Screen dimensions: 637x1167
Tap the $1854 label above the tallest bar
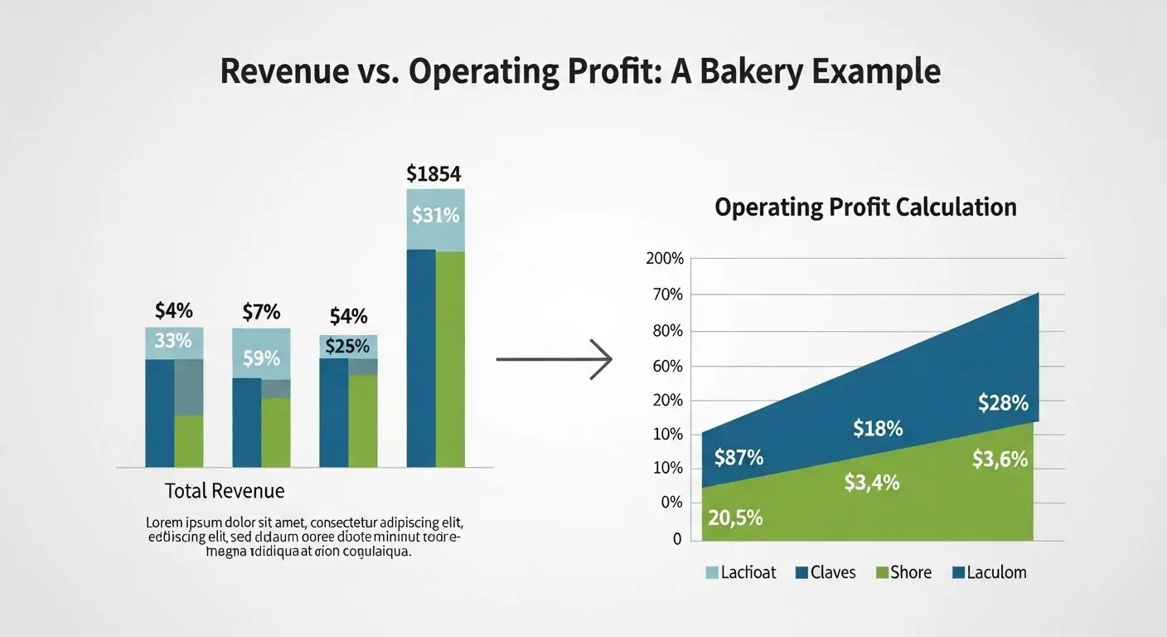pyautogui.click(x=434, y=174)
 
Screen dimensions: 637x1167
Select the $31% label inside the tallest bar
pyautogui.click(x=435, y=216)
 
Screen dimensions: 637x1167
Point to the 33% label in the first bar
pyautogui.click(x=173, y=340)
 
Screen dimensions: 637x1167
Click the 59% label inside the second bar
pyautogui.click(x=261, y=359)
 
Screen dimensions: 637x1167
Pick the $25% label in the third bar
pyautogui.click(x=347, y=346)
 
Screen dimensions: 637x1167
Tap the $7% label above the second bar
pyautogui.click(x=261, y=313)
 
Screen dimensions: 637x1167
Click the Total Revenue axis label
pyautogui.click(x=225, y=491)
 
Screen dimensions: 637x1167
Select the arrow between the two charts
pyautogui.click(x=554, y=359)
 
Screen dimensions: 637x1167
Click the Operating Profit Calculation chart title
pyautogui.click(x=865, y=207)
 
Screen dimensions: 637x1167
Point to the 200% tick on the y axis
pyautogui.click(x=664, y=259)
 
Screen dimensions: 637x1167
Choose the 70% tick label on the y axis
pyautogui.click(x=667, y=294)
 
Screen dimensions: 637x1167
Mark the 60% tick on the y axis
pyautogui.click(x=667, y=366)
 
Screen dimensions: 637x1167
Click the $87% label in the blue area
pyautogui.click(x=738, y=457)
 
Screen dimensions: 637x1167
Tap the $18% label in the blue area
pyautogui.click(x=878, y=429)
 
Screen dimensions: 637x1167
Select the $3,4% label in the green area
pyautogui.click(x=872, y=482)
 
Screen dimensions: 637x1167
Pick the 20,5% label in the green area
pyautogui.click(x=735, y=518)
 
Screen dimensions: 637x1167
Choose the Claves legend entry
pyautogui.click(x=825, y=572)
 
